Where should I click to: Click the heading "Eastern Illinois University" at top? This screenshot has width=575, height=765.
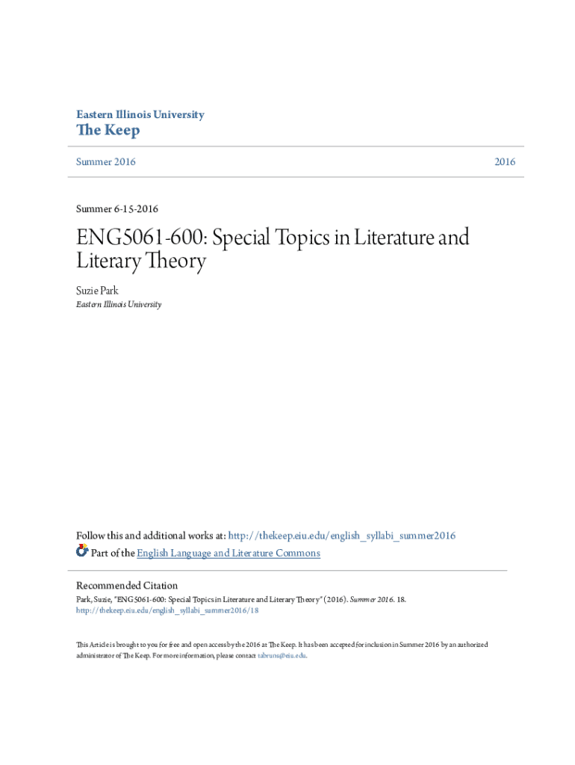(x=140, y=115)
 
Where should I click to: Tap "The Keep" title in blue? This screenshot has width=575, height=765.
(x=108, y=131)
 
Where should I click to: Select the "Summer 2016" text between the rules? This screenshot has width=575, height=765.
(x=106, y=162)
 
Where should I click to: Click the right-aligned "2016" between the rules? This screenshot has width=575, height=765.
(x=504, y=162)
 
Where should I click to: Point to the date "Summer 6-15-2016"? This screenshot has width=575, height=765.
(x=117, y=208)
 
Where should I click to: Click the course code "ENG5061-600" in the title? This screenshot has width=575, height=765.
(x=143, y=238)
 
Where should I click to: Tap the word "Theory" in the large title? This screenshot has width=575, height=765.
(x=171, y=262)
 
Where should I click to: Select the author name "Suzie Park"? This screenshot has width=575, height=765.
(x=98, y=291)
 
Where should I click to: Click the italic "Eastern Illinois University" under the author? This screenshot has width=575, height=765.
(x=119, y=305)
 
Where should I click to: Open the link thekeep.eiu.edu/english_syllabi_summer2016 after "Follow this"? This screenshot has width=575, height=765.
(x=341, y=536)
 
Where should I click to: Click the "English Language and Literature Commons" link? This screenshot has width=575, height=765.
(x=229, y=554)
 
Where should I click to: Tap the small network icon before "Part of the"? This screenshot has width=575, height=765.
(x=82, y=551)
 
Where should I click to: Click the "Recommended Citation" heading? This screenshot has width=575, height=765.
(x=127, y=586)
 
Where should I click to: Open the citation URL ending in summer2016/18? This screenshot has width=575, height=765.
(x=167, y=610)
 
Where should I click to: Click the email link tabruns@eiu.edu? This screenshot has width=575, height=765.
(x=282, y=655)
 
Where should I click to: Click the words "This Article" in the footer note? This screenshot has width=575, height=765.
(x=93, y=644)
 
